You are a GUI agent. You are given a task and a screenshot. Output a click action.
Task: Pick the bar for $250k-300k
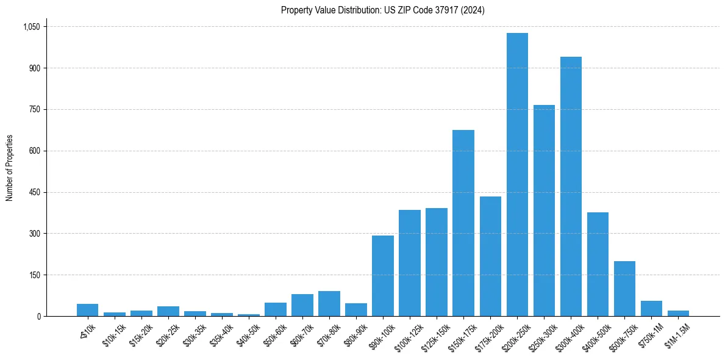pos(544,211)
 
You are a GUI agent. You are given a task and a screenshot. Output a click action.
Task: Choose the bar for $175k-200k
pos(490,256)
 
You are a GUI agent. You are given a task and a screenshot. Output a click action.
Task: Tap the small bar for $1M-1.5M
pos(678,313)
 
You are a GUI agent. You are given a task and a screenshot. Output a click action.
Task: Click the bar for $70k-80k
pos(329,304)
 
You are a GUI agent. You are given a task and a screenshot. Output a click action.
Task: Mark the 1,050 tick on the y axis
pos(31,27)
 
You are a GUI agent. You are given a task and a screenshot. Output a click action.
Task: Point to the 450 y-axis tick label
pos(34,192)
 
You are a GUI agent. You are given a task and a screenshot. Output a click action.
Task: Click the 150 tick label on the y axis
pos(34,275)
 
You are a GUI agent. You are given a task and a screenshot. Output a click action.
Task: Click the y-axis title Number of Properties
pos(9,168)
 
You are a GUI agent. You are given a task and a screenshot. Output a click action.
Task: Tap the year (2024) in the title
pos(473,10)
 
